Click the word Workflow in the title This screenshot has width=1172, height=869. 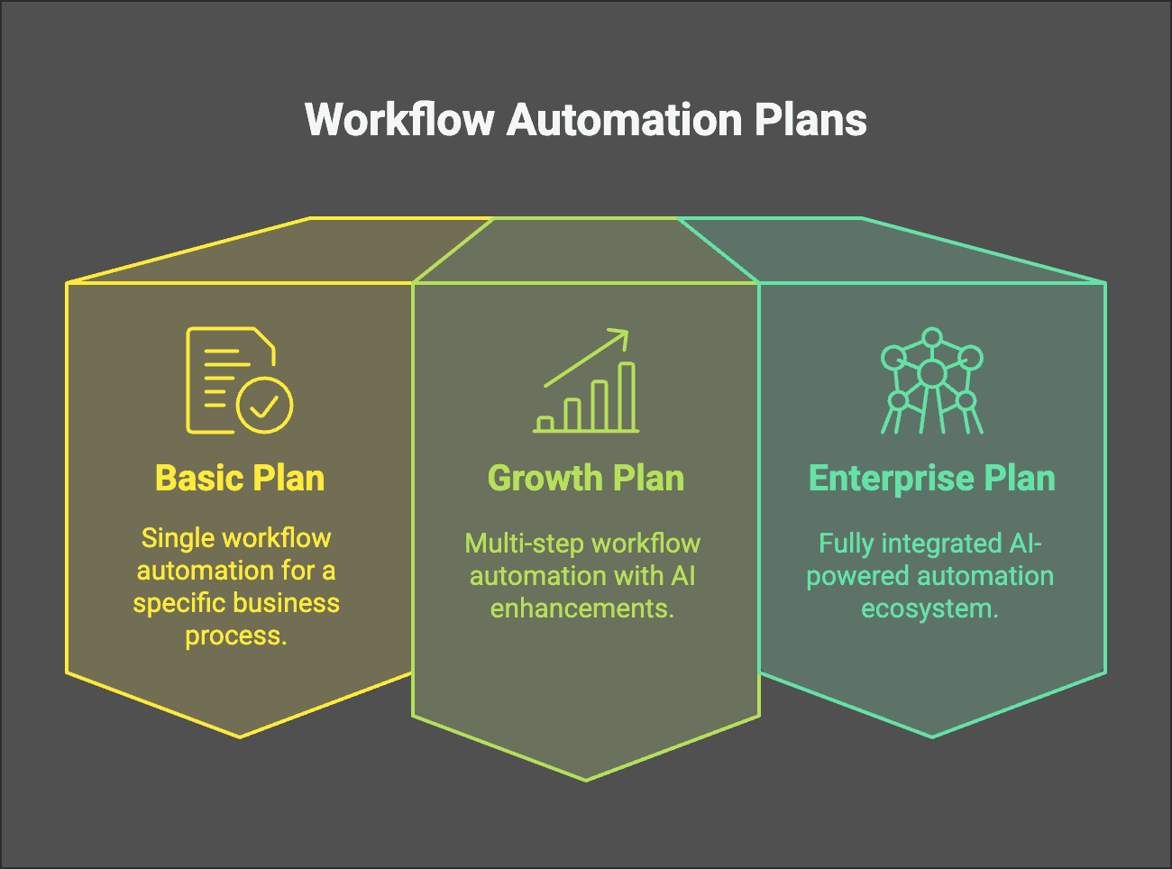pos(399,120)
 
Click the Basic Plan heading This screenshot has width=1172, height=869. pos(240,478)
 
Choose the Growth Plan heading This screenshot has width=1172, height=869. pos(585,478)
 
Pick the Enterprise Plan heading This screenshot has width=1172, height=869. pos(931,478)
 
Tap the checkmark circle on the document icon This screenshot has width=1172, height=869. pos(264,406)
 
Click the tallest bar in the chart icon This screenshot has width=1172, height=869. pos(627,397)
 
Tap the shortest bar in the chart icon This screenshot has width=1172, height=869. pos(545,424)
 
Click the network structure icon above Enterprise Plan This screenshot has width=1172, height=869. pos(931,380)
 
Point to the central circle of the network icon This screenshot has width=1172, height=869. pos(931,373)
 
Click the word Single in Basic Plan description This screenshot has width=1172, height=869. pos(177,538)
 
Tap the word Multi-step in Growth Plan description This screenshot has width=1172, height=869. pos(518,544)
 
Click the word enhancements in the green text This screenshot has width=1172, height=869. pos(581,608)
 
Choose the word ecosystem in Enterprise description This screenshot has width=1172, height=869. pos(929,608)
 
